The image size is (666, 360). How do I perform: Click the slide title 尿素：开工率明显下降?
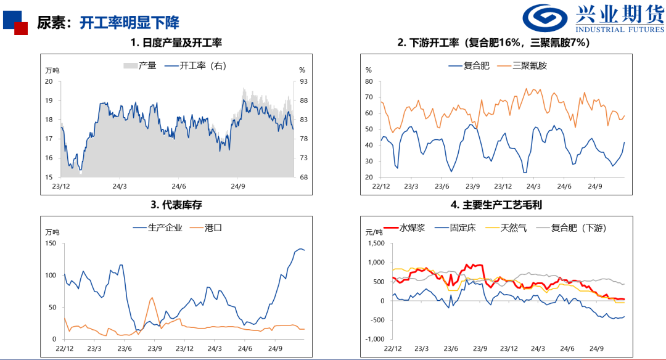coord(108,23)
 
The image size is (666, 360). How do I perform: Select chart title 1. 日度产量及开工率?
coord(176,43)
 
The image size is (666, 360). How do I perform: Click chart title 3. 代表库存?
coord(176,205)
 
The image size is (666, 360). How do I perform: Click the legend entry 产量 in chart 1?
coord(140,66)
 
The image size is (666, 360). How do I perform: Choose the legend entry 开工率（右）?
coord(194,66)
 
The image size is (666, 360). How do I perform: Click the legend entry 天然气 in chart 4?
coord(504,228)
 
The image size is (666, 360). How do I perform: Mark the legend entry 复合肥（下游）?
coord(571,228)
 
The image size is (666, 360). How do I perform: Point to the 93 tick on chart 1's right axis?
coord(303,81)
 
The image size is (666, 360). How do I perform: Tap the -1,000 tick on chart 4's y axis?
coord(374,339)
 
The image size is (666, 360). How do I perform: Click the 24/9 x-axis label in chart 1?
coord(238,186)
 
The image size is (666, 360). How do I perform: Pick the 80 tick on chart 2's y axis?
coord(369,81)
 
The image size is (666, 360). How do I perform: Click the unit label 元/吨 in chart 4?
coord(374,232)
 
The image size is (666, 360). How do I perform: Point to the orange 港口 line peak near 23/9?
coord(152,298)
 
